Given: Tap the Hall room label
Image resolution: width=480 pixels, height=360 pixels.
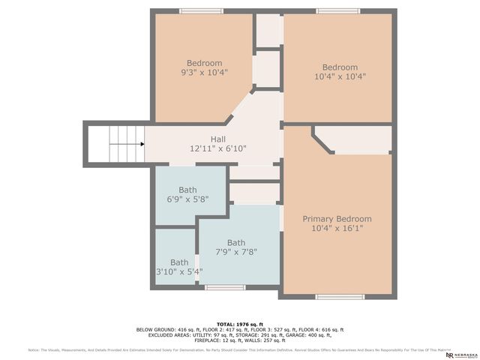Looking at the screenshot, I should pos(218,139).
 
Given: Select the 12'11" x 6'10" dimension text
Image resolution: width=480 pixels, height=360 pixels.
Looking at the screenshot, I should pos(218,148).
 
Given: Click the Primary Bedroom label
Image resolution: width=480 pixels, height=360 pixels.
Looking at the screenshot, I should pos(337,219).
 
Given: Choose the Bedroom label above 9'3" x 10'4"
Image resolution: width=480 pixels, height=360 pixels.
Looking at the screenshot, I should pos(204,63).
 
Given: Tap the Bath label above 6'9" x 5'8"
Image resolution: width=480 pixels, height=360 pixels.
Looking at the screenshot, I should pos(187,190).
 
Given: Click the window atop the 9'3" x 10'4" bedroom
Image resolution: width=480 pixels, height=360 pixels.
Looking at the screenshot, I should pos(201,10).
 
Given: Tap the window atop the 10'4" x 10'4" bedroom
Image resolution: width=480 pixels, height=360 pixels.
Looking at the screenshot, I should pos(337,10).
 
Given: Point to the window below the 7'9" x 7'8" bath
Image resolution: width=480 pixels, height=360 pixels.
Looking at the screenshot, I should pos(225,287).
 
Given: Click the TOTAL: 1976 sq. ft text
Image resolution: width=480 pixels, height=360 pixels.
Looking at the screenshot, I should pos(239,323).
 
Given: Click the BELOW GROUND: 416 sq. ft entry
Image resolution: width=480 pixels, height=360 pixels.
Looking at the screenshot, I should pos(166,329).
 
